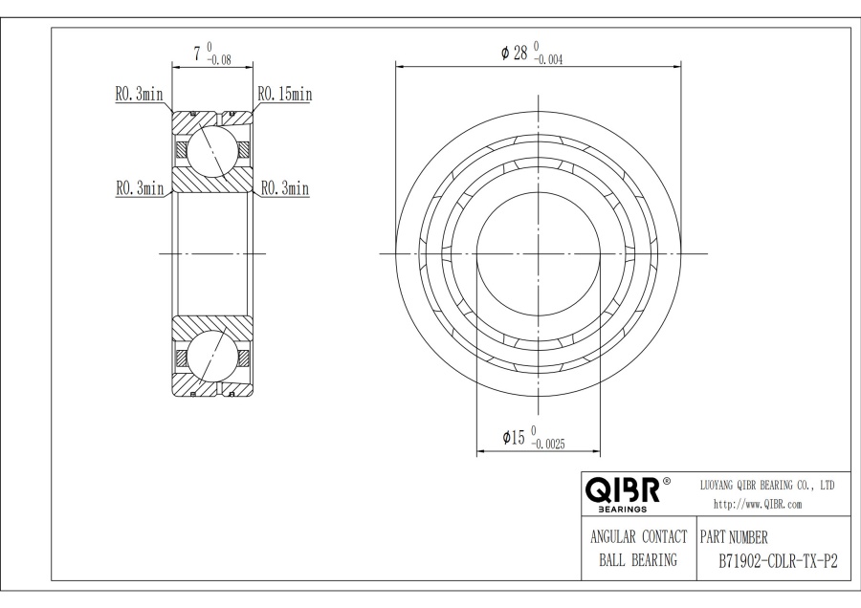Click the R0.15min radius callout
(283, 95)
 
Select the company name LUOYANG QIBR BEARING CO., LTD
(767, 486)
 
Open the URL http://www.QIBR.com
(758, 504)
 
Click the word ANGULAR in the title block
(614, 537)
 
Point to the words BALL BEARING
(636, 561)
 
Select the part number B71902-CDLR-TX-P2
(777, 561)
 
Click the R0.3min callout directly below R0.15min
(284, 188)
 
